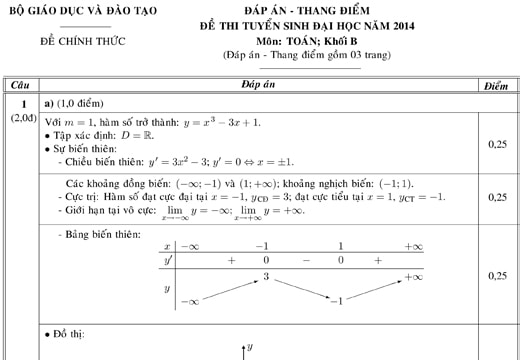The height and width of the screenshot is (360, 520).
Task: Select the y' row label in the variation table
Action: [167, 260]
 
